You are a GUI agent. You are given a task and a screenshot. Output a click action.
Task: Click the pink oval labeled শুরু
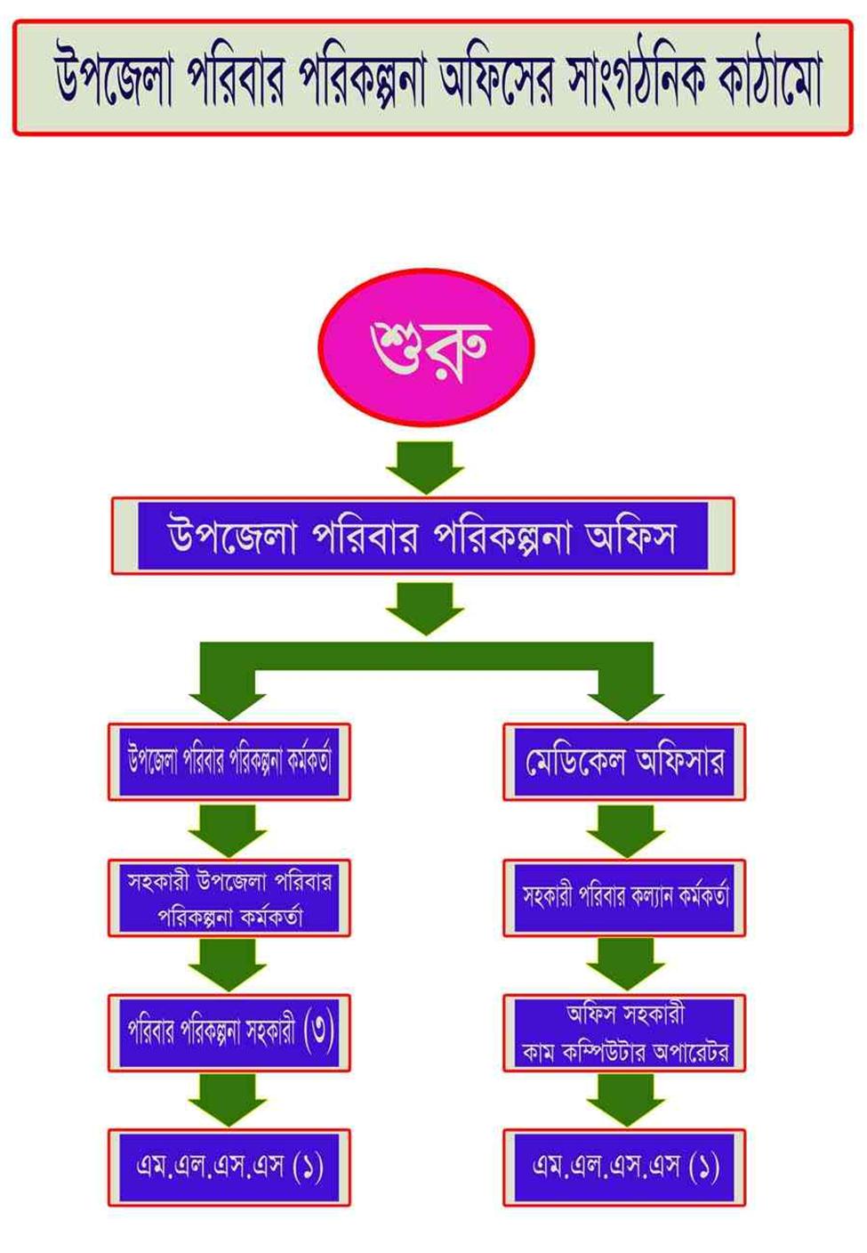(426, 346)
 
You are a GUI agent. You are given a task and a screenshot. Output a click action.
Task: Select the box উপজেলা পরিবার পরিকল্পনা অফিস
(422, 536)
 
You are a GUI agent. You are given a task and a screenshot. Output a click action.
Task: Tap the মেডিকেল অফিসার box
(624, 762)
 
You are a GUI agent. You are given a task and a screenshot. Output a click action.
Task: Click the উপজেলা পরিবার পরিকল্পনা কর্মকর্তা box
(229, 762)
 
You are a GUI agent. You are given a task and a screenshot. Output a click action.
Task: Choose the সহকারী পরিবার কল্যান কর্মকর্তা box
(624, 897)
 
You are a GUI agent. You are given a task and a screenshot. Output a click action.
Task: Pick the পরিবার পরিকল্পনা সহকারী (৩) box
(229, 1032)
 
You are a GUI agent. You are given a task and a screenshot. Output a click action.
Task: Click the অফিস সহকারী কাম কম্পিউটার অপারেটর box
(624, 1032)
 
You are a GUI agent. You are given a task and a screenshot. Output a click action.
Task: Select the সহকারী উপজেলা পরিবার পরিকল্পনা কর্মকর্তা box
(229, 897)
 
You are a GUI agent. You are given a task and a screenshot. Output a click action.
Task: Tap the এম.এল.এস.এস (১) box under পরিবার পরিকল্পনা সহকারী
(229, 1167)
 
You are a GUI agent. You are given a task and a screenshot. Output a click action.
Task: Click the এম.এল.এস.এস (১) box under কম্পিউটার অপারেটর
(624, 1167)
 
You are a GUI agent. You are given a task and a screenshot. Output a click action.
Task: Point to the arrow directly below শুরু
(425, 466)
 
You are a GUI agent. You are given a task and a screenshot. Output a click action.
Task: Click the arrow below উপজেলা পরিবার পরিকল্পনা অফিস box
(425, 608)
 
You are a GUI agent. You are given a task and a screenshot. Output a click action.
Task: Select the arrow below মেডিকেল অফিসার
(625, 830)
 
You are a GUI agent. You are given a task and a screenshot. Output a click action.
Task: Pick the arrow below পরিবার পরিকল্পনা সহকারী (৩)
(228, 1100)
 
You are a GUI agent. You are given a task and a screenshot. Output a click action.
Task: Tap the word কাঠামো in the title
(770, 78)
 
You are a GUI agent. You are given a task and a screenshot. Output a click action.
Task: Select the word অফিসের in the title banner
(497, 78)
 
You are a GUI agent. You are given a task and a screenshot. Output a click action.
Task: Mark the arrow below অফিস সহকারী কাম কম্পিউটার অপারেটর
(625, 1100)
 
